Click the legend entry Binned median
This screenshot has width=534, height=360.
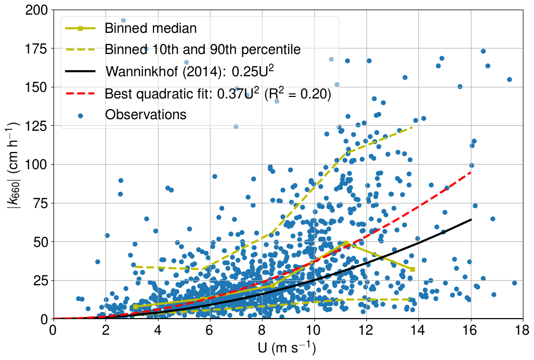150,28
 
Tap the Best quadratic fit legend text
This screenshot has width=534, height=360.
218,93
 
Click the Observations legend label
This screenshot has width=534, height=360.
145,114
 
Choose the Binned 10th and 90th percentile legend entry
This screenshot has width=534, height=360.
202,49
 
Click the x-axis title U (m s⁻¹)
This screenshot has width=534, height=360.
288,348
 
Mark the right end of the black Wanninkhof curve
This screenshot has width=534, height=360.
470,220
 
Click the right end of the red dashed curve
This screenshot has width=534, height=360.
470,173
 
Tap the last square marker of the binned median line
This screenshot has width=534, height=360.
413,269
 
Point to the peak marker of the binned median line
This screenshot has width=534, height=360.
346,242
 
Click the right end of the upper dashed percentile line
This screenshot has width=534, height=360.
413,127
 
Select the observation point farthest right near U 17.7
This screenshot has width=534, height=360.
514,283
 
